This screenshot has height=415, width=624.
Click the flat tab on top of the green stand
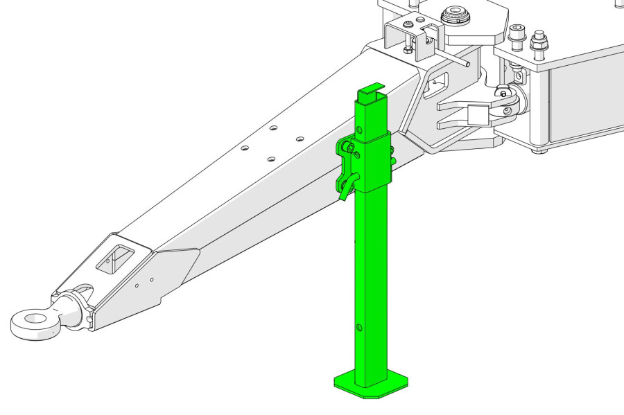pyautogui.click(x=372, y=90)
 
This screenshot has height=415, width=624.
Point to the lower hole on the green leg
pyautogui.click(x=359, y=326)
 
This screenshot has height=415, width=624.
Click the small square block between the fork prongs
pyautogui.click(x=478, y=114)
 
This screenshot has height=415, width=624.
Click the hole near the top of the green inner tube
pyautogui.click(x=358, y=130)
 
